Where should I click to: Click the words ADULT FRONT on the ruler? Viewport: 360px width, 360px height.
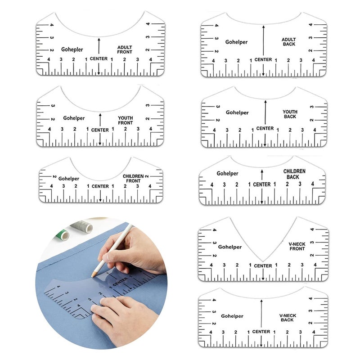(125, 49)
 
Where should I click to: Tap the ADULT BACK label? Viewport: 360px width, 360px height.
(289, 42)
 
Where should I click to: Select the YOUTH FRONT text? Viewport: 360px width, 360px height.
(126, 120)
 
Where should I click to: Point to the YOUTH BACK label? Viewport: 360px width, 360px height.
(290, 114)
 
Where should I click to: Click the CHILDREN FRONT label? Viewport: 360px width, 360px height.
(133, 178)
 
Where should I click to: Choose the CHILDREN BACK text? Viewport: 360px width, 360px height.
(294, 174)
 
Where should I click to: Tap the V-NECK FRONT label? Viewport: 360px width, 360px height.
(297, 246)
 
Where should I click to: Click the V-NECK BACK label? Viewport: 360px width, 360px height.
(288, 318)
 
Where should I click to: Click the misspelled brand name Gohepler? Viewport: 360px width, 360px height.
(72, 49)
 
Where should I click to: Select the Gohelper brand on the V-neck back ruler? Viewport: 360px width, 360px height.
(232, 316)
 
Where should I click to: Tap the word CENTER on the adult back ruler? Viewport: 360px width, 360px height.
(263, 59)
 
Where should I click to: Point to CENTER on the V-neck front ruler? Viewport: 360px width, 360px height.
(263, 265)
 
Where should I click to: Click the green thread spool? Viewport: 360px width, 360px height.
(63, 234)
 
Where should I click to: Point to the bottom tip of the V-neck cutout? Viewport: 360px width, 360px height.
(263, 261)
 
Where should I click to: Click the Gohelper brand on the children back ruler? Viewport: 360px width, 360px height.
(227, 174)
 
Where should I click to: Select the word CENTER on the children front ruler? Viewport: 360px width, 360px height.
(100, 186)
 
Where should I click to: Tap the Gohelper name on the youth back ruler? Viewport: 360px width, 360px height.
(237, 112)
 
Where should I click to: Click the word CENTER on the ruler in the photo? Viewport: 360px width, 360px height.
(120, 282)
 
